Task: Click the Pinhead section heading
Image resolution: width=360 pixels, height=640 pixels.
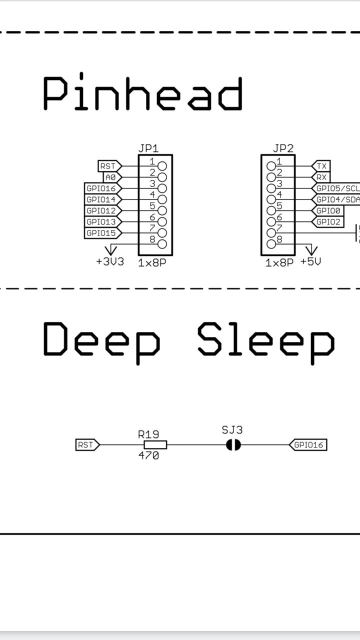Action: [142, 93]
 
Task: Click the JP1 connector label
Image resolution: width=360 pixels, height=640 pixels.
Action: [148, 148]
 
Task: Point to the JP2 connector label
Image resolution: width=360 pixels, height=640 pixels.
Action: [283, 148]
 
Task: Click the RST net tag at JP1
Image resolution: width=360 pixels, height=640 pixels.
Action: [108, 166]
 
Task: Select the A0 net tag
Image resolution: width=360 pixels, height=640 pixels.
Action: [110, 177]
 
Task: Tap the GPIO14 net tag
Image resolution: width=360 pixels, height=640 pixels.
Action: [101, 199]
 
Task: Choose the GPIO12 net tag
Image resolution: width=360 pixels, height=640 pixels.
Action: [101, 210]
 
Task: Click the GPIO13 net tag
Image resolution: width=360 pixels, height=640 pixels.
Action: [101, 221]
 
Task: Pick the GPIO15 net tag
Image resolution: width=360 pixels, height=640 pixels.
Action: [101, 233]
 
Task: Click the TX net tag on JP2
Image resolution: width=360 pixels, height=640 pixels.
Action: [321, 166]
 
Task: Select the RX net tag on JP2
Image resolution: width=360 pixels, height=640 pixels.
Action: [321, 177]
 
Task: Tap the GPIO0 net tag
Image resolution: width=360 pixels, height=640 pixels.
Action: [328, 210]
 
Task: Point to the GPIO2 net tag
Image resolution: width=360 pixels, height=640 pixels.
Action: [328, 221]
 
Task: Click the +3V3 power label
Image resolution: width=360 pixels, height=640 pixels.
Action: [110, 261]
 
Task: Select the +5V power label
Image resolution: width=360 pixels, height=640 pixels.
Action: [310, 261]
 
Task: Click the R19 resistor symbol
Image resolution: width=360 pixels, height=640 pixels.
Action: [155, 444]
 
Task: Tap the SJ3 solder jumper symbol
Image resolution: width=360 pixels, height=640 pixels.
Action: [233, 444]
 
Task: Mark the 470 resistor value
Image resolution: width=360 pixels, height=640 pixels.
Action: [148, 456]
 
